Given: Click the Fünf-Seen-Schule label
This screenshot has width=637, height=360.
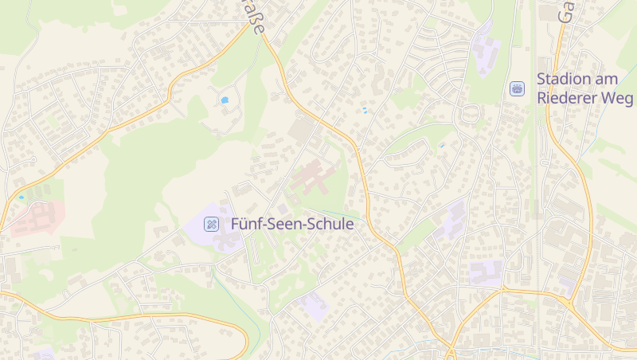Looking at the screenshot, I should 291,225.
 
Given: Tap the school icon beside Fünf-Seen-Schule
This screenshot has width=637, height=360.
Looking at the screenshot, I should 211,224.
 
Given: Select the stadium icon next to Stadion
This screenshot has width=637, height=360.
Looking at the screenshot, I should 518,88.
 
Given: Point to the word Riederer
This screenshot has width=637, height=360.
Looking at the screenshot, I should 567,98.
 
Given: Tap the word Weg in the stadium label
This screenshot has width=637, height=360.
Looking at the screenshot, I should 618,98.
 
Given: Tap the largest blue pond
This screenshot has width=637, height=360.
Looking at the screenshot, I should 225,101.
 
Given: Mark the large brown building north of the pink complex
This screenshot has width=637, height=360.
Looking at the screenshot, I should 303,129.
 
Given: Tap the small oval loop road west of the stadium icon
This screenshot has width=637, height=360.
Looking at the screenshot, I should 468,114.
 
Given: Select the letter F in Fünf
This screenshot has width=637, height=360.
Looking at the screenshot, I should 235,225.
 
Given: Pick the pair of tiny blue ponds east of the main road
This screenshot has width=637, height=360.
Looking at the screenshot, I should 365,111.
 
